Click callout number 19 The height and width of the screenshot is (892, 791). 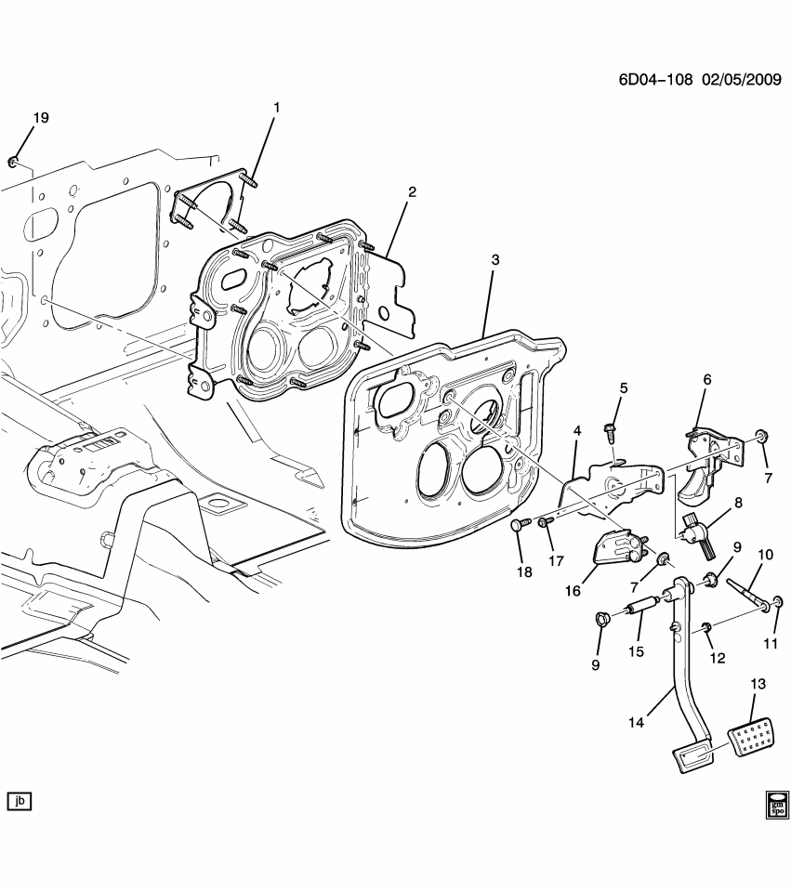tap(41, 118)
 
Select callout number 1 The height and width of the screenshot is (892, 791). tap(275, 109)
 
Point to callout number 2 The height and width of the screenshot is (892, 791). tap(412, 192)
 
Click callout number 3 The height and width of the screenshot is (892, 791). tap(494, 260)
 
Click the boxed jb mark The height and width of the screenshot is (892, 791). tap(20, 800)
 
